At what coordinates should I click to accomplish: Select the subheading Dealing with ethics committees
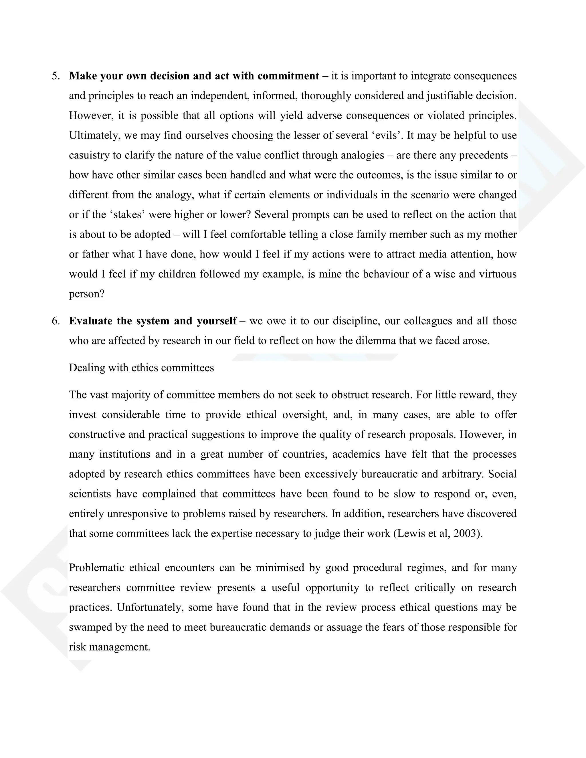(x=141, y=368)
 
